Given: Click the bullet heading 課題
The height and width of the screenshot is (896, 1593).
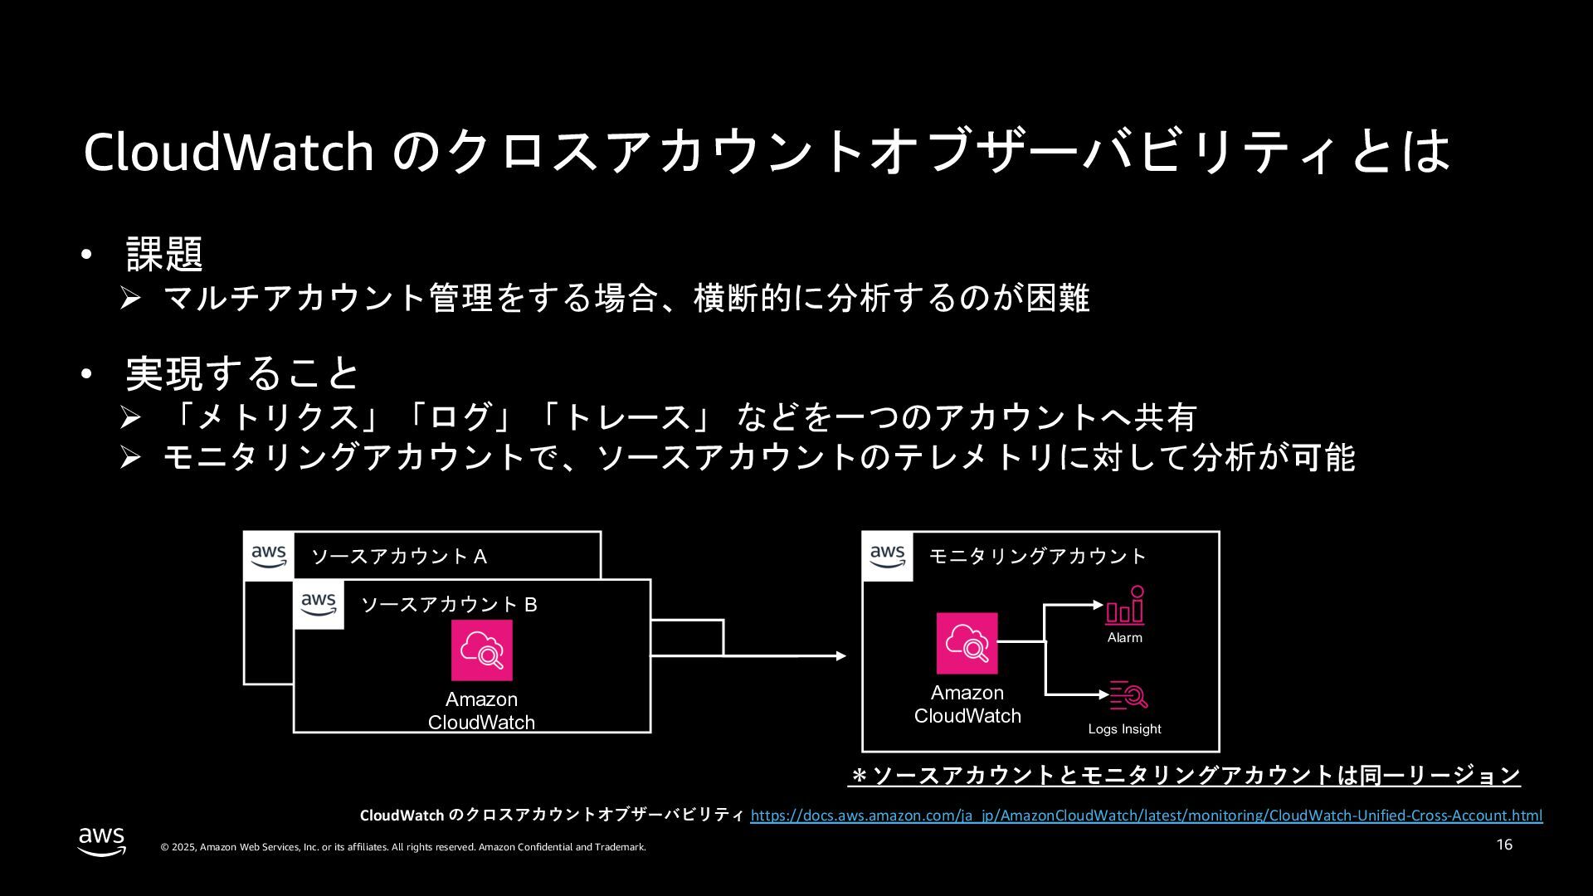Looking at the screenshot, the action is pos(164,253).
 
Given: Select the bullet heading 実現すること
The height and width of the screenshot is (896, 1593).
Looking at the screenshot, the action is pos(241,373).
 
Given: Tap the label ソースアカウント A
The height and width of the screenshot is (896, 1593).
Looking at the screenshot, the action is pos(398,557).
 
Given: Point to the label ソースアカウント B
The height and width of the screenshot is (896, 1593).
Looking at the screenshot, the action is pos(449,605).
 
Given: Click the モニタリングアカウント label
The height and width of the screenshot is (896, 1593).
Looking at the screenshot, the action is pos(1037,556).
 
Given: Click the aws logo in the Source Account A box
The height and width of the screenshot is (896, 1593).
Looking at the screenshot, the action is pos(269,556).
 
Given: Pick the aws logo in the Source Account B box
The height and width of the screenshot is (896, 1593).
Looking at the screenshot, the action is pos(319,604).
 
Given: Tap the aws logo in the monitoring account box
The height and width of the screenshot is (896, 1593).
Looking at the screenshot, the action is pos(888,556).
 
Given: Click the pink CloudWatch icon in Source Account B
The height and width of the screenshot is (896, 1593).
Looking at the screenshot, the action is pos(481,650).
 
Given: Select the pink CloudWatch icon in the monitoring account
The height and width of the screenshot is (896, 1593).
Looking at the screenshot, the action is pos(967,644).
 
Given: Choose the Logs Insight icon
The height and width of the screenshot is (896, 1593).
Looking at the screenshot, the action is pos(1128,695).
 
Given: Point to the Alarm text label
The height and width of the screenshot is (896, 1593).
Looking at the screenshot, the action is pos(1124,638).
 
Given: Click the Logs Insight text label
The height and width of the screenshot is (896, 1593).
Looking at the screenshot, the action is pos(1124,729).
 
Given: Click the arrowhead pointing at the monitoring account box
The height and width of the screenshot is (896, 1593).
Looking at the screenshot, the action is pos(840,656).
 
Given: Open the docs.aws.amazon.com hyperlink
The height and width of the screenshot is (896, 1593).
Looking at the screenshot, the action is pos(1146,816).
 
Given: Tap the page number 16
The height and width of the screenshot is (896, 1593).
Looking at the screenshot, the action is pos(1504,845).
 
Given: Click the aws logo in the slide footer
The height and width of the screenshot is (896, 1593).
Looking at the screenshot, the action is pos(102,841).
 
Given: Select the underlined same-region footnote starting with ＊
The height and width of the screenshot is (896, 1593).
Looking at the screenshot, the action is pos(1185,776).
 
